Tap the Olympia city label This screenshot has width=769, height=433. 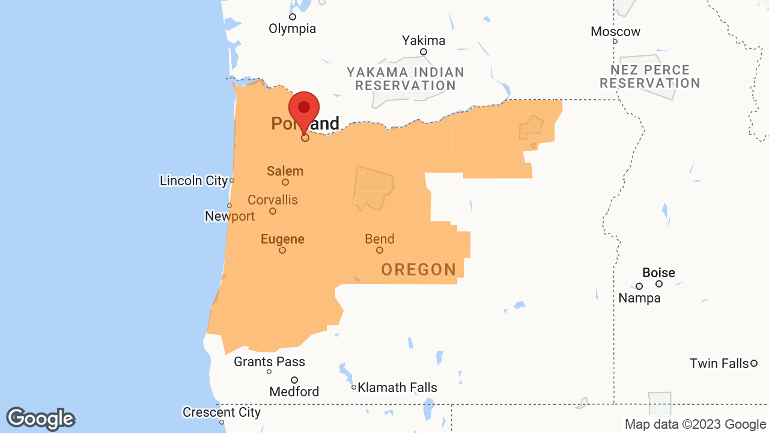pyautogui.click(x=292, y=28)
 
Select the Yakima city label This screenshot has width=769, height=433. pyautogui.click(x=424, y=40)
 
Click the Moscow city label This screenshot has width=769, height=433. pyautogui.click(x=615, y=31)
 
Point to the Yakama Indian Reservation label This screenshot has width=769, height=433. pyautogui.click(x=406, y=79)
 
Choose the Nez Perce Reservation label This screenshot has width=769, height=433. pyautogui.click(x=650, y=76)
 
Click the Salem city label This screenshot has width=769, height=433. pyautogui.click(x=285, y=171)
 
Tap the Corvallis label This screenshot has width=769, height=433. pyautogui.click(x=272, y=200)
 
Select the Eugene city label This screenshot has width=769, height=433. pyautogui.click(x=282, y=239)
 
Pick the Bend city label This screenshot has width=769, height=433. pyautogui.click(x=380, y=239)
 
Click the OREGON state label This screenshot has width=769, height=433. pyautogui.click(x=419, y=269)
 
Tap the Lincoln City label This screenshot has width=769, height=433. pyautogui.click(x=193, y=180)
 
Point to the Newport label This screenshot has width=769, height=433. pyautogui.click(x=229, y=216)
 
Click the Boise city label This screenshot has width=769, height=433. pyautogui.click(x=658, y=272)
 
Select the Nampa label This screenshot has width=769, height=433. pyautogui.click(x=639, y=298)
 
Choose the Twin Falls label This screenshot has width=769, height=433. pyautogui.click(x=719, y=363)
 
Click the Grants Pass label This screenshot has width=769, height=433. pyautogui.click(x=269, y=361)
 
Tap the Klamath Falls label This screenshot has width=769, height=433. pyautogui.click(x=397, y=387)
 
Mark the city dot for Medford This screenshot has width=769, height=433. pyautogui.click(x=294, y=380)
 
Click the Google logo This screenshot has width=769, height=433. pyautogui.click(x=41, y=419)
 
